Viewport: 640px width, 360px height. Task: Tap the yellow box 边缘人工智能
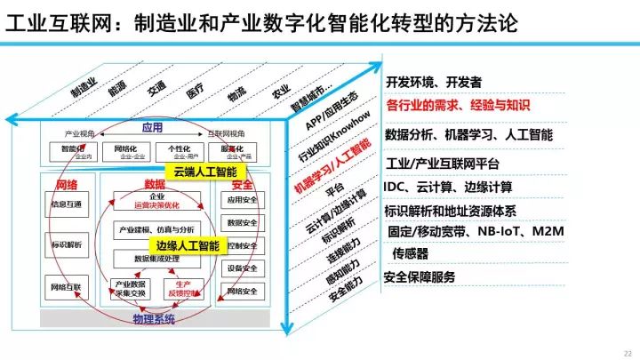(187, 244)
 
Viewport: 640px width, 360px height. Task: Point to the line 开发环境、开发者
(433, 82)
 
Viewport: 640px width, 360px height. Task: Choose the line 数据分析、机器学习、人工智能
(469, 135)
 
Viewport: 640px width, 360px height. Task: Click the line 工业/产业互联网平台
(442, 164)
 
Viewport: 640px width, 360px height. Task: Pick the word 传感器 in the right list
(416, 254)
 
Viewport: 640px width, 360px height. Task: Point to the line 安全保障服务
(419, 277)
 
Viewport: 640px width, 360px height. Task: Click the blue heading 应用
(151, 128)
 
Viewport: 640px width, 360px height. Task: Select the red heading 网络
(67, 185)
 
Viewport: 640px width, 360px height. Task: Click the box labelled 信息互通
(67, 204)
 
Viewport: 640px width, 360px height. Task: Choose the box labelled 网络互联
(67, 287)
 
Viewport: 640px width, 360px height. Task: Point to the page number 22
(627, 351)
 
